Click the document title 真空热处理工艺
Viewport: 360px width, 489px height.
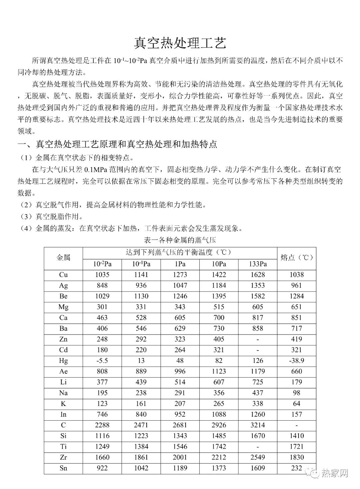(x=180, y=43)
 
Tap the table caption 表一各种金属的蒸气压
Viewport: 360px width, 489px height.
(x=180, y=240)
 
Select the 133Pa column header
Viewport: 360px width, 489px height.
(x=258, y=264)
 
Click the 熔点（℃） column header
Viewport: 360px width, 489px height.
(x=296, y=258)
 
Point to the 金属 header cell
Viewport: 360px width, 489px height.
(x=63, y=258)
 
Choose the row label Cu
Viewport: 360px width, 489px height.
(x=63, y=275)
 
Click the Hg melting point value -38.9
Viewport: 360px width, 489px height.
(x=296, y=361)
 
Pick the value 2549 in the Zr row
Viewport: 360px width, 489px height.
(x=258, y=457)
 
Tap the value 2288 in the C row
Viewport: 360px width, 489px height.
(x=102, y=425)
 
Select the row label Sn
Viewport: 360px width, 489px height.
(x=63, y=468)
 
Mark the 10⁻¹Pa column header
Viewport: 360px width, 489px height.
(x=141, y=264)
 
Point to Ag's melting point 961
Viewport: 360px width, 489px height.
(x=296, y=286)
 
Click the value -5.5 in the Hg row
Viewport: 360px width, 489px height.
(x=102, y=361)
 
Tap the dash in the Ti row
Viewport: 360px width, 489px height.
(x=258, y=447)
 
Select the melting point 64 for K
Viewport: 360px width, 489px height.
(x=296, y=404)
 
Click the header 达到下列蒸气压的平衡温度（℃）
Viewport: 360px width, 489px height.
(x=180, y=252)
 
